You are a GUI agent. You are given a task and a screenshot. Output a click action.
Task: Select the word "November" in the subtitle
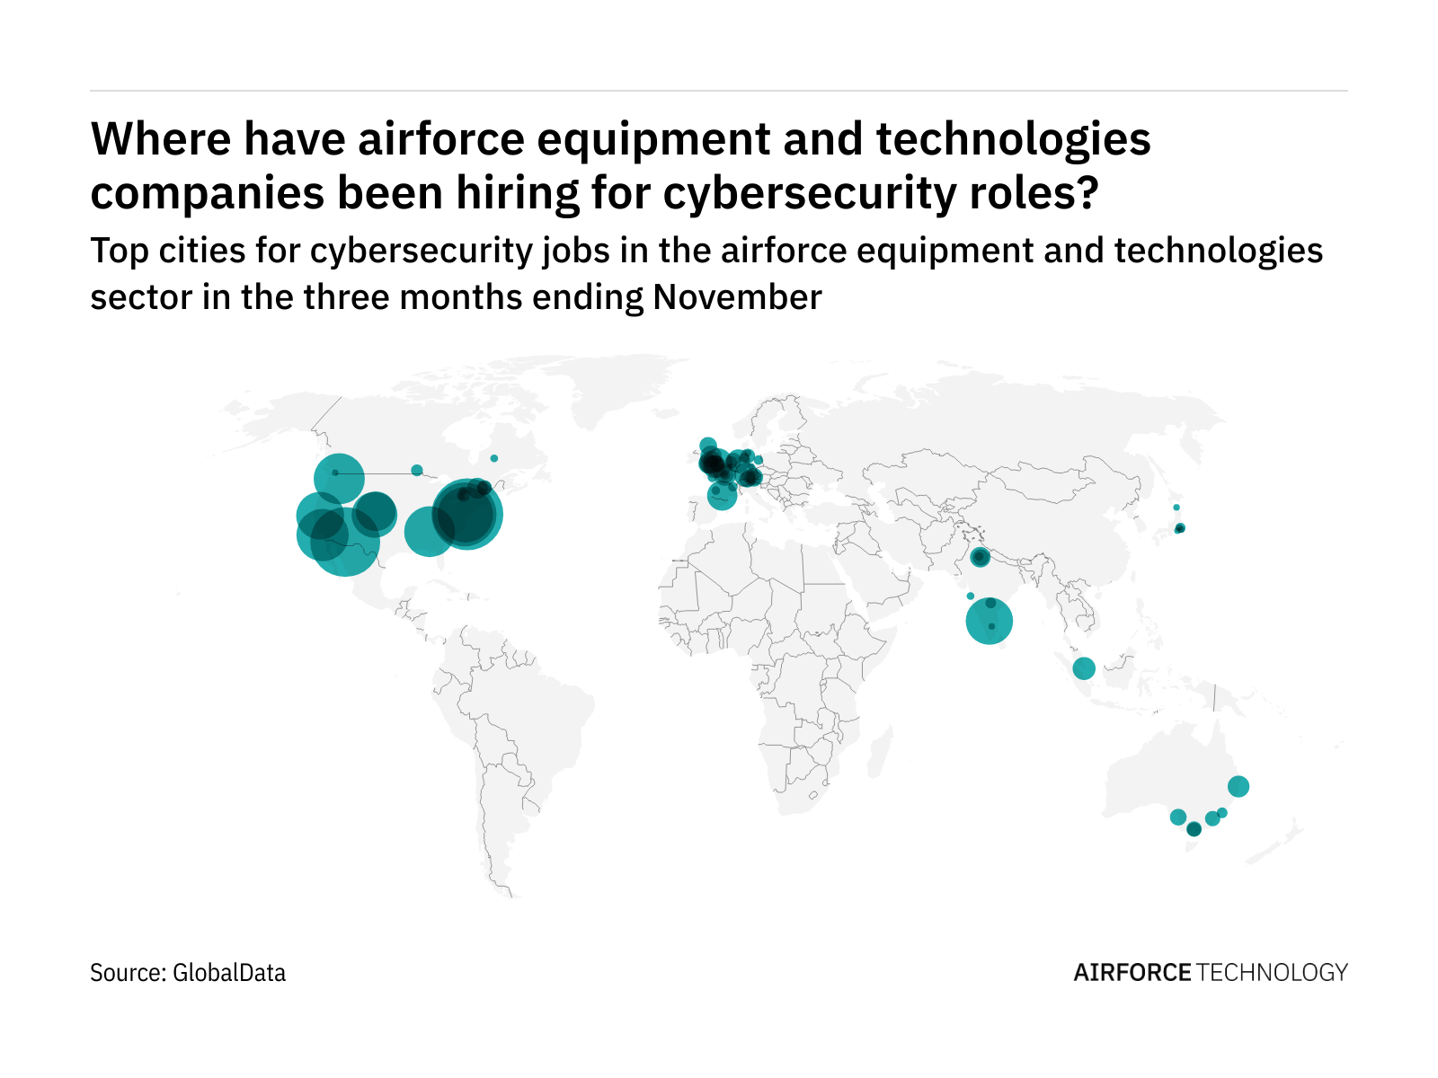click(x=737, y=297)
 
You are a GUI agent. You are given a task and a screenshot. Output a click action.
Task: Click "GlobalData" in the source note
click(x=229, y=973)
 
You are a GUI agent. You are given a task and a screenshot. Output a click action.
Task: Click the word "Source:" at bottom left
click(x=127, y=973)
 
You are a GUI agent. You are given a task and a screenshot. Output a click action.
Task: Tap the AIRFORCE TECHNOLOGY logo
click(x=1211, y=973)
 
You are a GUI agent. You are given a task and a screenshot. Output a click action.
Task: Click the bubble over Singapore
click(x=1084, y=668)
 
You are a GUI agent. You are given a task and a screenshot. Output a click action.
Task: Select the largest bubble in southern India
click(x=989, y=621)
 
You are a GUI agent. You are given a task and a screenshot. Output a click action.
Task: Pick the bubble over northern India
click(x=980, y=558)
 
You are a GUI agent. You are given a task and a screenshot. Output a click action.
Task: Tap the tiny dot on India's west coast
click(x=970, y=596)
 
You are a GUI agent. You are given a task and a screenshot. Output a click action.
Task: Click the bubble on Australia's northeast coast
click(x=1238, y=786)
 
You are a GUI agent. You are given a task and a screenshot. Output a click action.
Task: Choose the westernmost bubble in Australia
click(x=1177, y=817)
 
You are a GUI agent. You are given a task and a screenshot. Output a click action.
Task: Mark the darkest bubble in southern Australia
click(x=1194, y=829)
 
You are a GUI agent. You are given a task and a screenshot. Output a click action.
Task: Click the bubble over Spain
click(x=721, y=496)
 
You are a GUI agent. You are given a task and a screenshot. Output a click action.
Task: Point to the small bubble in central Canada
click(x=416, y=470)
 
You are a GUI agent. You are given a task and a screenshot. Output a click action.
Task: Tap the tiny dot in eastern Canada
click(x=493, y=458)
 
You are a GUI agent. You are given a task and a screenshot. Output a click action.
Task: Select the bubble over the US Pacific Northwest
click(x=339, y=478)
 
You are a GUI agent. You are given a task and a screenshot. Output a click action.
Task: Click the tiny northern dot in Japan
click(x=1176, y=508)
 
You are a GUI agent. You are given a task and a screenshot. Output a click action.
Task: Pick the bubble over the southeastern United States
click(x=429, y=531)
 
